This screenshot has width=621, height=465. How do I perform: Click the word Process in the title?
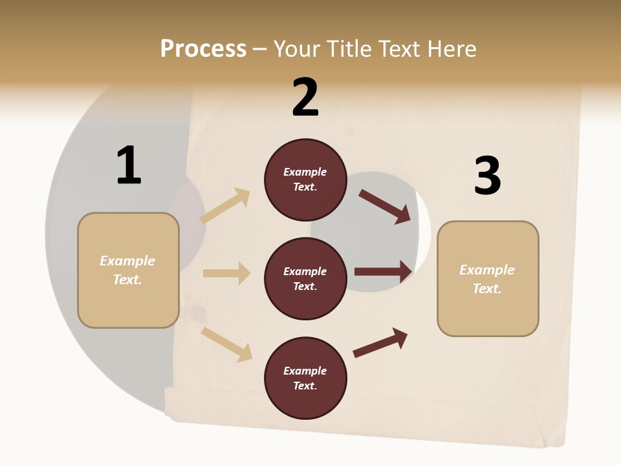tap(203, 49)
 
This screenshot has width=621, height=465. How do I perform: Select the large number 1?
tap(129, 165)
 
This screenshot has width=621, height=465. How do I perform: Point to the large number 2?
tap(305, 98)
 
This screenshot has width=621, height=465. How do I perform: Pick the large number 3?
tap(487, 176)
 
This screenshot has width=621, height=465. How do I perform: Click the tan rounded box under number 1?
tap(128, 270)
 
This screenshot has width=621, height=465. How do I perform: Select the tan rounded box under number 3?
tap(488, 279)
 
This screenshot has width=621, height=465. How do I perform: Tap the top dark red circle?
tap(305, 180)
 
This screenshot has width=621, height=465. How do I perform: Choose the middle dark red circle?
tap(305, 279)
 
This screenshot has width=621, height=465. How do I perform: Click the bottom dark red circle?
tap(305, 378)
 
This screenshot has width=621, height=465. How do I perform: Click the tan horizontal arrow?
tap(227, 273)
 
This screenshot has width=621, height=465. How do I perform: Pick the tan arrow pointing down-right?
tap(227, 344)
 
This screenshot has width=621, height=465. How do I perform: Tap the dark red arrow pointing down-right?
tap(386, 207)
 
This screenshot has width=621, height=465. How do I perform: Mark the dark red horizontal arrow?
tap(383, 271)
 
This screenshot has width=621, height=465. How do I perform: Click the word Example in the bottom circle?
tap(305, 371)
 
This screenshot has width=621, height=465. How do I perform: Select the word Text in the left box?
tap(127, 280)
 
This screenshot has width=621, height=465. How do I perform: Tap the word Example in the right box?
tap(487, 270)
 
